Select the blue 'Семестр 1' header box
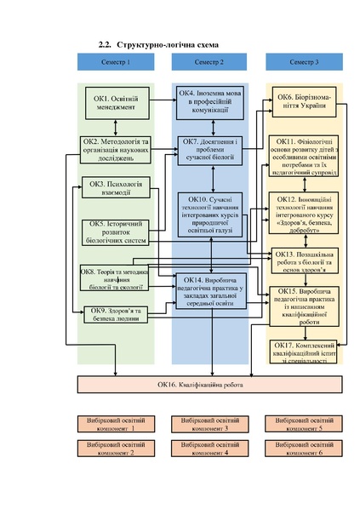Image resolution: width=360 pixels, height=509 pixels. pyautogui.click(x=115, y=63)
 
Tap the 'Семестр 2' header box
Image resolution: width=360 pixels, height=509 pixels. pyautogui.click(x=209, y=63)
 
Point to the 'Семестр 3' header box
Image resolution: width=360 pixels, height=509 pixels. pyautogui.click(x=304, y=63)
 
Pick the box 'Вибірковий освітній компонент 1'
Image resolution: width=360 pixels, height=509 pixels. pyautogui.click(x=110, y=424)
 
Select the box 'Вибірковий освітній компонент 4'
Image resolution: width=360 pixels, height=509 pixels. pyautogui.click(x=204, y=449)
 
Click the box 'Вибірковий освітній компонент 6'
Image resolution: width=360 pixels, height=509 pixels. pyautogui.click(x=299, y=449)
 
